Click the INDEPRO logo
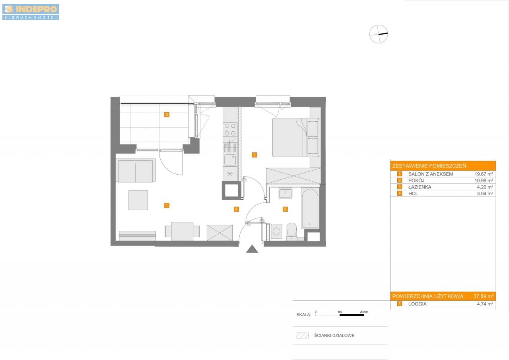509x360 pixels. click(x=31, y=12)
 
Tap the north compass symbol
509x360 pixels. click(x=379, y=34)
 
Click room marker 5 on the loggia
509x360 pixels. click(x=167, y=115)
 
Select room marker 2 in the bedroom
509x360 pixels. click(x=254, y=155)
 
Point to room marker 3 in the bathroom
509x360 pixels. click(x=285, y=209)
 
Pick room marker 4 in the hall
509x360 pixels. click(x=236, y=209)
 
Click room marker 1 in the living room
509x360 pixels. click(x=167, y=205)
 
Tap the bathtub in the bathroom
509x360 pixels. click(x=310, y=208)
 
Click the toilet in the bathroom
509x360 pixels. click(x=292, y=232)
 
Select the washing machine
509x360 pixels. click(x=276, y=232)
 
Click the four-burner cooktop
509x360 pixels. click(x=230, y=130)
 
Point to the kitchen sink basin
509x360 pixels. click(x=230, y=160)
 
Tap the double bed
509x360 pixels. click(x=296, y=137)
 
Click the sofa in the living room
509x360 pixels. click(x=136, y=171)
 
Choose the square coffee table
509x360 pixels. click(x=138, y=200)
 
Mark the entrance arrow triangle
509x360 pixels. click(x=252, y=249)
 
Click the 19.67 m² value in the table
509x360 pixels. click(x=484, y=174)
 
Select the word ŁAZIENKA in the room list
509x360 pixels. click(x=420, y=187)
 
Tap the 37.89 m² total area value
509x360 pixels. click(x=483, y=296)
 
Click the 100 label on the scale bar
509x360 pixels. click(x=340, y=312)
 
